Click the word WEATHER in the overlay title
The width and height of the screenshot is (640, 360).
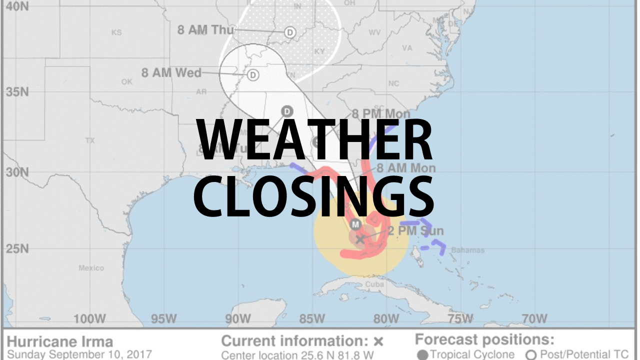314,141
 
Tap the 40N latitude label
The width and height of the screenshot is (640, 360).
16,7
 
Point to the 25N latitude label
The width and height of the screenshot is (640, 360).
17,248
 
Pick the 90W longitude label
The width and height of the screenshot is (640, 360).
237,318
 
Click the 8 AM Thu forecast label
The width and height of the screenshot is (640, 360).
205,30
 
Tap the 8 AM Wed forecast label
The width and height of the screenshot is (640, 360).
171,73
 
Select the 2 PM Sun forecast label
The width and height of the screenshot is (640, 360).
415,231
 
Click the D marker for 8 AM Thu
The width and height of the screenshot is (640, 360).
289,32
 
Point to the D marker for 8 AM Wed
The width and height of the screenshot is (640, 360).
253,75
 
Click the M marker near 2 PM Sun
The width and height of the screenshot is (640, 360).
355,224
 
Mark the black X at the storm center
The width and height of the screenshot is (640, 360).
360,238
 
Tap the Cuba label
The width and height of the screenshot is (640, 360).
374,284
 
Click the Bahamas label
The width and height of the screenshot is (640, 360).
467,250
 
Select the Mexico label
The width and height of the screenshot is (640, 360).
91,268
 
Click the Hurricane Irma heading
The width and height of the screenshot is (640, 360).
59,342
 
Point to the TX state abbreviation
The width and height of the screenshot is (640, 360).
90,140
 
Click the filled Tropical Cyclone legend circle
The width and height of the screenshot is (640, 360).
422,355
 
